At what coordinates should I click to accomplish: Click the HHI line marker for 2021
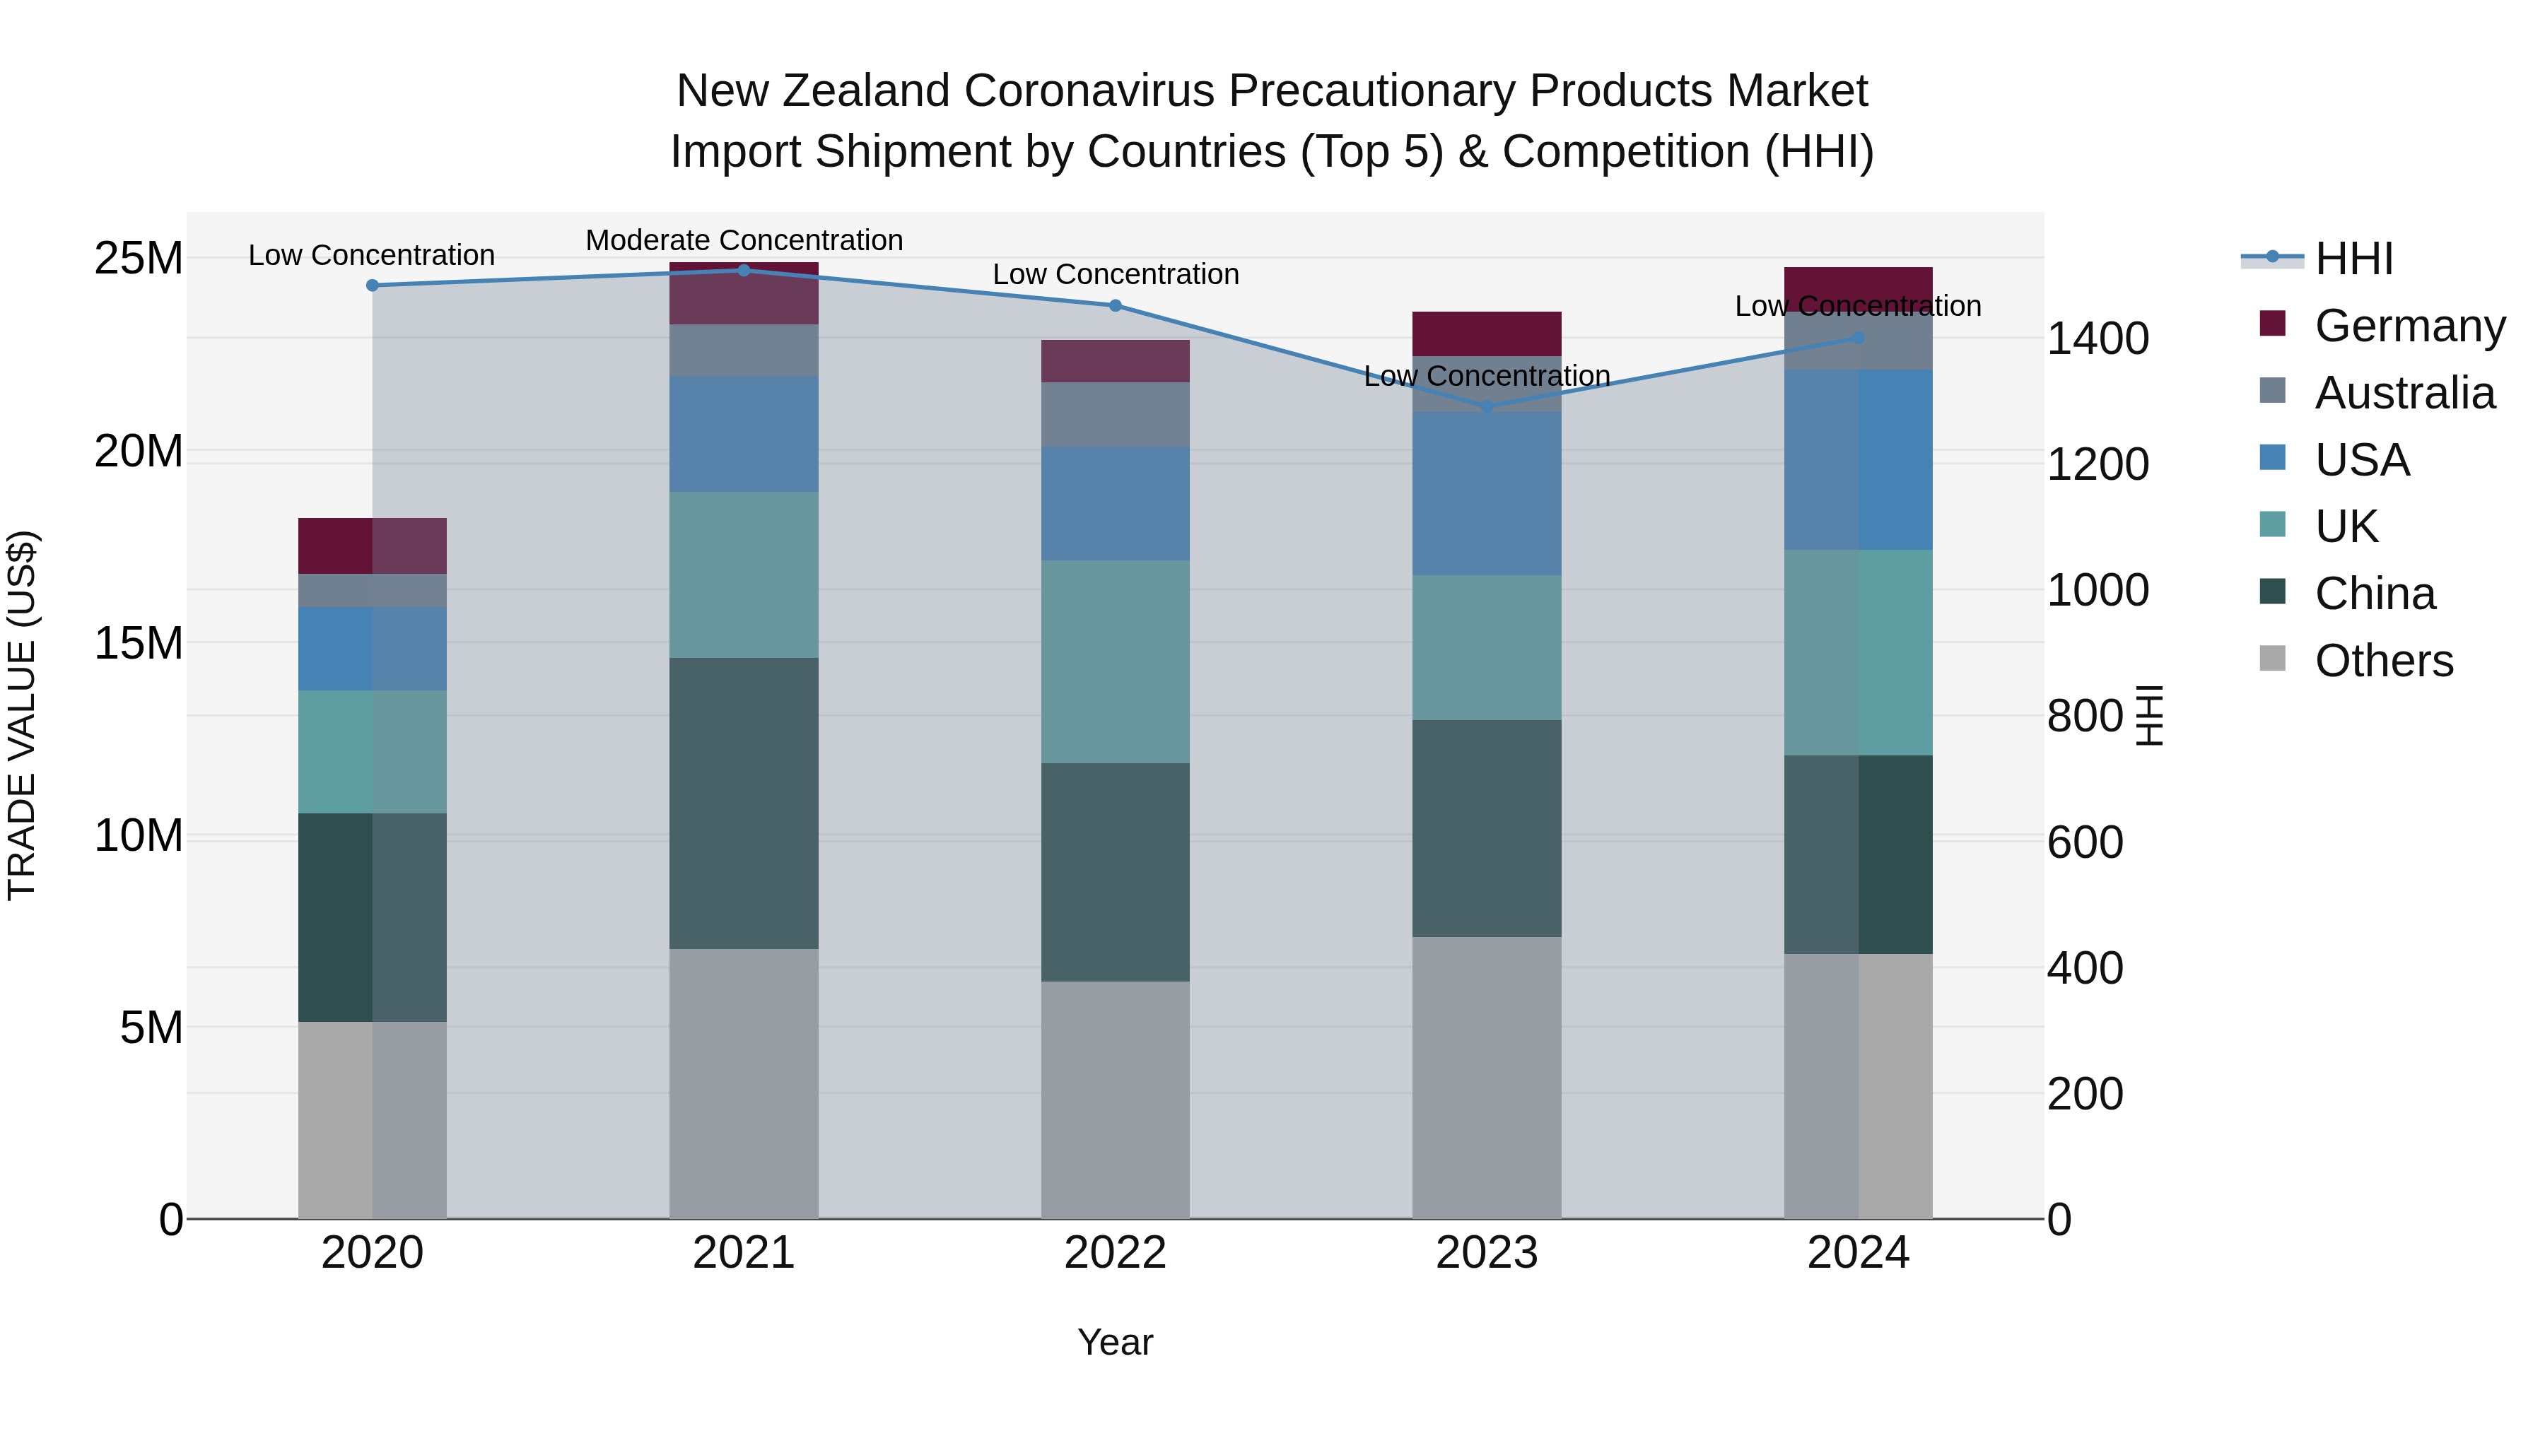point(744,270)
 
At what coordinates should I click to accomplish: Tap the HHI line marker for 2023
point(1487,406)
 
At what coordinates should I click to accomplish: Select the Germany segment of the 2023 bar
point(1487,334)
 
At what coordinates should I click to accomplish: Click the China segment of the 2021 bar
point(744,803)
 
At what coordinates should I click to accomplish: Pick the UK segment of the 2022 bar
point(1116,661)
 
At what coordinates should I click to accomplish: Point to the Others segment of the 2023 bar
point(1487,1078)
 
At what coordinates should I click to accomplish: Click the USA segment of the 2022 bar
point(1116,504)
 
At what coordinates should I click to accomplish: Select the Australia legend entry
point(2404,393)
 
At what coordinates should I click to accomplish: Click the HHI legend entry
point(2353,259)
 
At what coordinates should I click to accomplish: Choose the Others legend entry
point(2383,661)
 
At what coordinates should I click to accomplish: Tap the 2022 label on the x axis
point(1116,1253)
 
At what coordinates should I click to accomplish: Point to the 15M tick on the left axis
point(139,643)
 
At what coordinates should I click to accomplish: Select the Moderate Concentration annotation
point(744,240)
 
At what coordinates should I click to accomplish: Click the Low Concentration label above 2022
point(1116,275)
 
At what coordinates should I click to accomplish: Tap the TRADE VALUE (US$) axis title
point(22,715)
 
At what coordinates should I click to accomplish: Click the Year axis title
point(1116,1342)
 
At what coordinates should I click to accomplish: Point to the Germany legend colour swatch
point(2272,324)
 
